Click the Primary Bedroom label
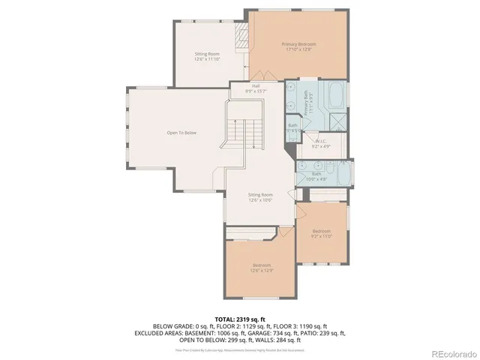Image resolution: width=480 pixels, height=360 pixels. [298, 44]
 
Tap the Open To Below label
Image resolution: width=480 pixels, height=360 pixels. [181, 133]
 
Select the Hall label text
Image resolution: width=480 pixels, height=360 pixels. [256, 86]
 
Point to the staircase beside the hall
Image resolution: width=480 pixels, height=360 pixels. [244, 135]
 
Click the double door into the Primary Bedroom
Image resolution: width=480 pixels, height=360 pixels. [257, 75]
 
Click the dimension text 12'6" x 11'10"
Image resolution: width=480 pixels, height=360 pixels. [207, 59]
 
